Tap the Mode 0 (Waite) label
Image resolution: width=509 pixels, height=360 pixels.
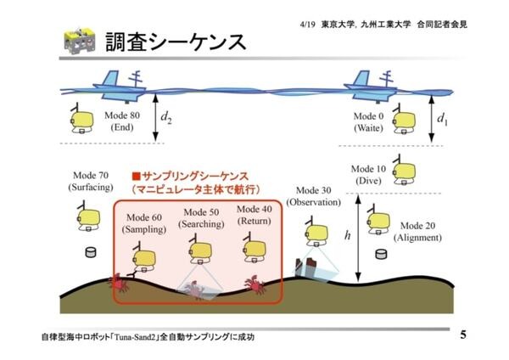(369, 121)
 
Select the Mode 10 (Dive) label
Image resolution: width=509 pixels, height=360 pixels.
(368, 175)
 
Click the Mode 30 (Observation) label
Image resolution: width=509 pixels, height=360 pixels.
(313, 196)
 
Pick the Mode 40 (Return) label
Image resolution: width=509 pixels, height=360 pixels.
(255, 215)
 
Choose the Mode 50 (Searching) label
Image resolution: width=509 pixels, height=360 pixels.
(201, 218)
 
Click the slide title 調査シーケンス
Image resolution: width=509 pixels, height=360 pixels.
(175, 42)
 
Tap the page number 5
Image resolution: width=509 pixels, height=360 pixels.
(462, 334)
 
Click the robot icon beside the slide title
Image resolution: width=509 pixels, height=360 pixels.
(79, 41)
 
